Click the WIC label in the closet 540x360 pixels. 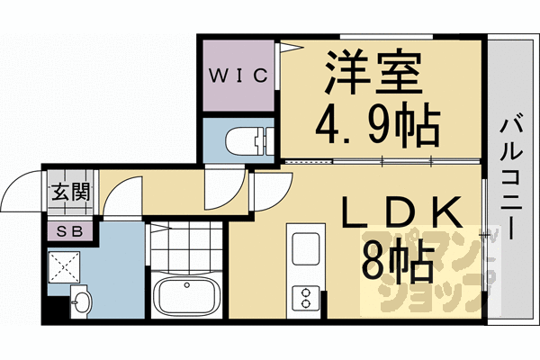tap(238, 76)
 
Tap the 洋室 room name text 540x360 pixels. tap(374, 73)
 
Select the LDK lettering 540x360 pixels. tap(401, 211)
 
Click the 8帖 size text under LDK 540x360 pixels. tap(397, 261)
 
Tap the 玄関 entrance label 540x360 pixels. tap(70, 192)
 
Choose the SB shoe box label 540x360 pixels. tap(70, 231)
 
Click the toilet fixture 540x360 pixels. tap(249, 140)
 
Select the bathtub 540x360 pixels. tap(186, 294)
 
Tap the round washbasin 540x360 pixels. tap(82, 301)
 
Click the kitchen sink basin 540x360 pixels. tap(305, 248)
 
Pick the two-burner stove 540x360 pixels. tap(305, 298)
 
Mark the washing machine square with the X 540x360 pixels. tap(65, 267)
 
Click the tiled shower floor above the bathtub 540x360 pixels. tap(186, 245)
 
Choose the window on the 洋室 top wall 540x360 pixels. tap(386, 37)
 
